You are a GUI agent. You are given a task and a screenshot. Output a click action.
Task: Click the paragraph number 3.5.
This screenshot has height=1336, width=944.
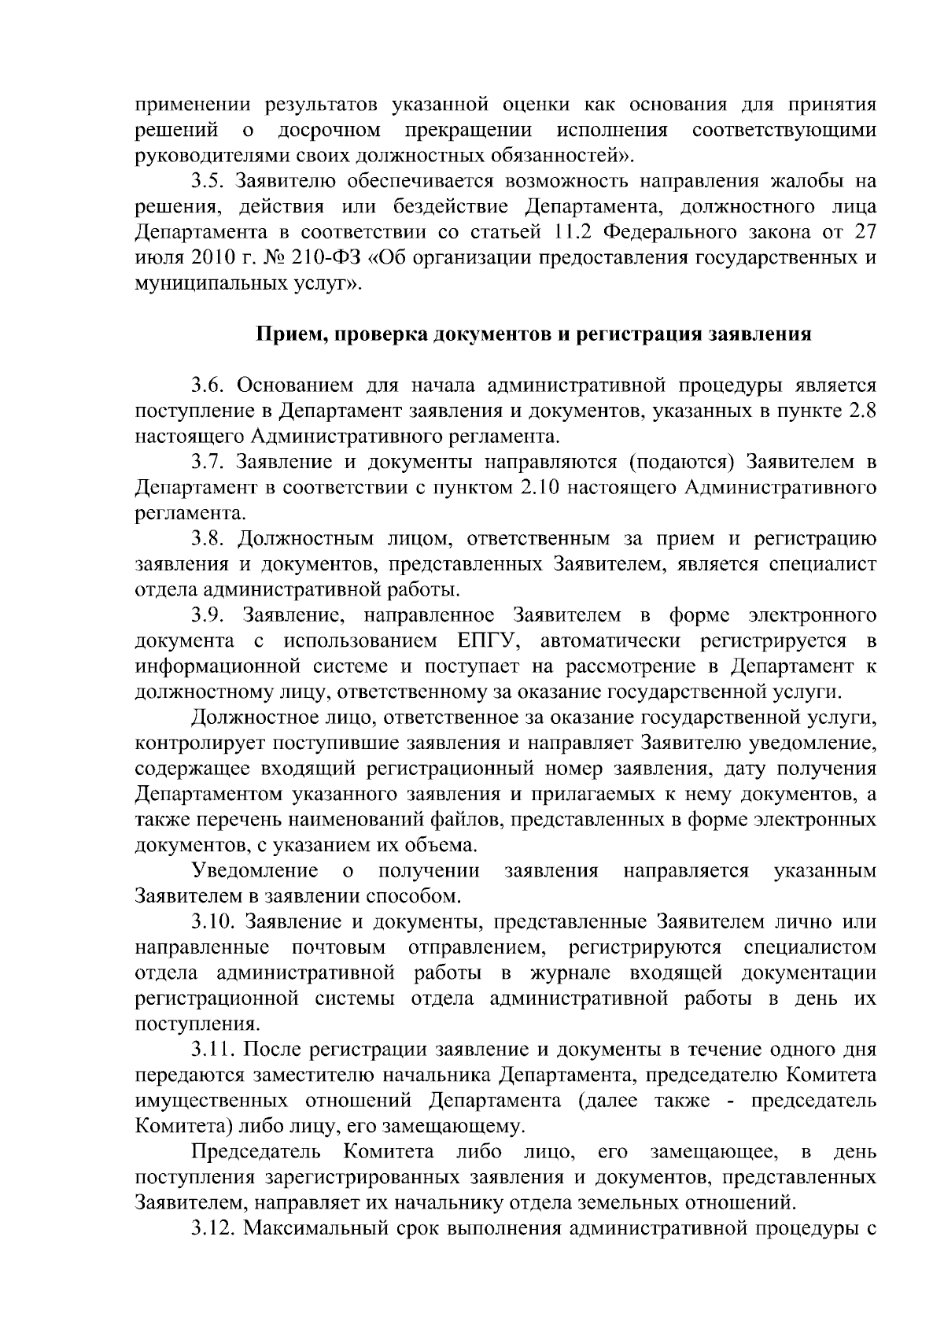pos(207,181)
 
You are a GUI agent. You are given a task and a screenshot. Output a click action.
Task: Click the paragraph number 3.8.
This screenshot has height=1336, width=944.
pos(207,539)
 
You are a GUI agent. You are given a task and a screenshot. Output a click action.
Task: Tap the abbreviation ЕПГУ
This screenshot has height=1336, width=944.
pos(485,641)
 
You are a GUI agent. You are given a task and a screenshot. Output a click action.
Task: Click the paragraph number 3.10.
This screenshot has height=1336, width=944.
pos(212,922)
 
